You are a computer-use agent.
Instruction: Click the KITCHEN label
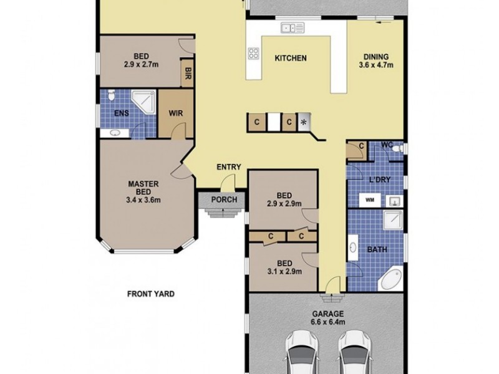point(291,59)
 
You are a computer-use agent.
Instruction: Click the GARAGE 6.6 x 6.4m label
point(327,318)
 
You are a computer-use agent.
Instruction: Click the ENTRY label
point(228,167)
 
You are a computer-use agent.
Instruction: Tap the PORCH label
point(223,200)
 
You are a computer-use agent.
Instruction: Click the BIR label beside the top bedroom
point(187,74)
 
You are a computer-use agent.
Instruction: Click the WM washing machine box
point(369,200)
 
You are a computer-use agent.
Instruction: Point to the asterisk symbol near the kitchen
point(304,122)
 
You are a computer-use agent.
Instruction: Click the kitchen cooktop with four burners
point(253,54)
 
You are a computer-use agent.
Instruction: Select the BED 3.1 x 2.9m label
point(284,267)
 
